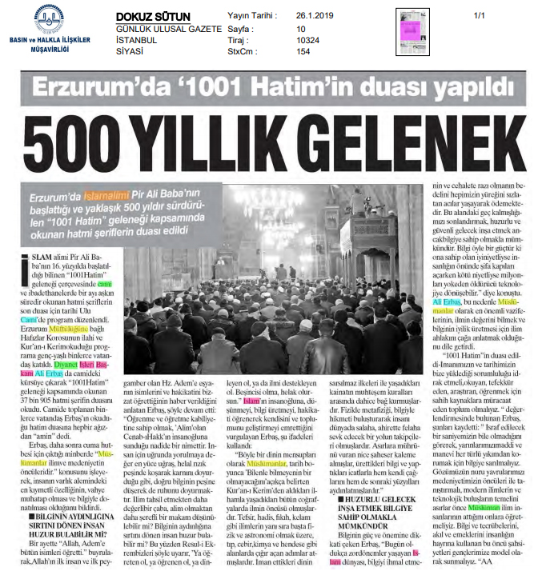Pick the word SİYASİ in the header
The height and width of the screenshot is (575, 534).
click(133, 51)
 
